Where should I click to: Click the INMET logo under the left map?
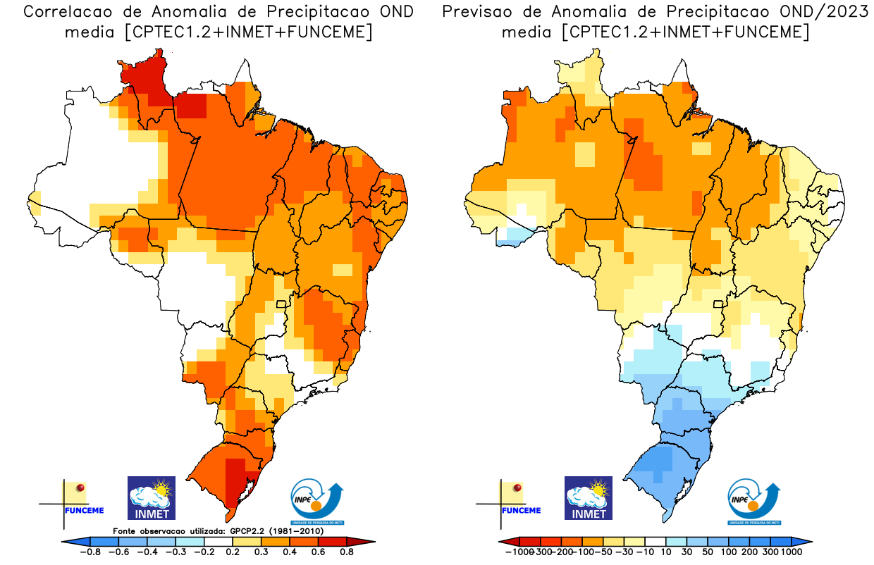tap(151, 498)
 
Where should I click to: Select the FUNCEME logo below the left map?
tap(83, 501)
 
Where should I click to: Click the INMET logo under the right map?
tap(589, 498)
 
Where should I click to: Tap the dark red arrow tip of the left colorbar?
tap(369, 541)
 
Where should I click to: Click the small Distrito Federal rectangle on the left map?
tap(282, 304)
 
